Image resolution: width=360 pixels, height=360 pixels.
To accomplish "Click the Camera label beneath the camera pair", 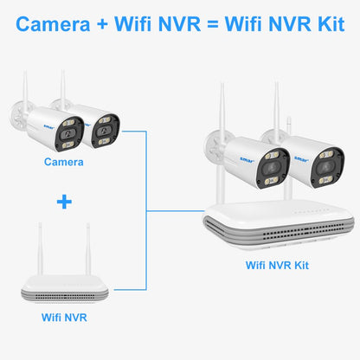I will (66, 162).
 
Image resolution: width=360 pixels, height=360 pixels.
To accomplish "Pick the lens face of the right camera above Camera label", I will (105, 127).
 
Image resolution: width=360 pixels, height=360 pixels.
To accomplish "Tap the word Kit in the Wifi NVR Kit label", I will (297, 265).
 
